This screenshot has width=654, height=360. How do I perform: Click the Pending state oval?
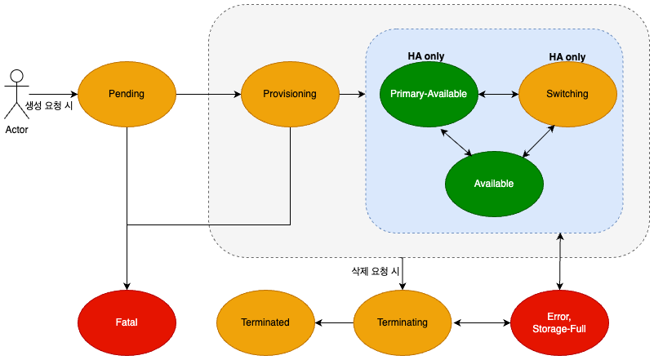tap(127, 94)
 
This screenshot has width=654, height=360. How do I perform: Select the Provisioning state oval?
tap(290, 94)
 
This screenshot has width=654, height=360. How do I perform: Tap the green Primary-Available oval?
tap(429, 94)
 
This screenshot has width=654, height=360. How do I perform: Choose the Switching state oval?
tap(567, 94)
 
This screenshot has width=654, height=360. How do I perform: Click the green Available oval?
tap(494, 184)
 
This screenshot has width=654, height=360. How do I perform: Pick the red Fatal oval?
tap(127, 322)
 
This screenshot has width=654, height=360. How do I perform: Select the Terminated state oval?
tap(265, 322)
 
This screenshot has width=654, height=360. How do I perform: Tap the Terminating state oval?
tap(403, 322)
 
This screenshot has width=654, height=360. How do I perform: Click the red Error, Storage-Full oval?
tap(559, 322)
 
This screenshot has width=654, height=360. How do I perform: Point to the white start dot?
tap(16, 76)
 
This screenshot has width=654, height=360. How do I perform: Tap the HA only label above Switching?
tap(567, 57)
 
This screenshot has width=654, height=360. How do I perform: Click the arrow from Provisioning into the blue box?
tap(352, 94)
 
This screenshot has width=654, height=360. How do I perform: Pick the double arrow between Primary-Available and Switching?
tap(498, 94)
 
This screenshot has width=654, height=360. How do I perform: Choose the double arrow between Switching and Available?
tap(540, 140)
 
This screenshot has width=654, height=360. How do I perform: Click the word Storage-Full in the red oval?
tap(559, 329)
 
